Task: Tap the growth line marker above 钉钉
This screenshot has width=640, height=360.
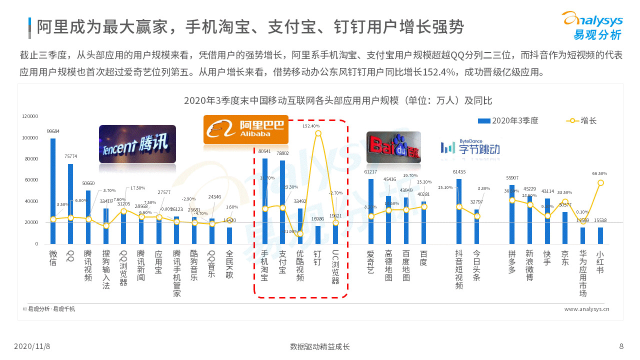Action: point(318,133)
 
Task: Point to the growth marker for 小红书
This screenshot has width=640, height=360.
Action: point(600,182)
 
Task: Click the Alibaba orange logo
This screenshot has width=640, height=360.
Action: point(246,129)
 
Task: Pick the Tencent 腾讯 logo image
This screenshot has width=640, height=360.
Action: point(137,144)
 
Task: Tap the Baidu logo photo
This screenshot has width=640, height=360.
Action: point(393,147)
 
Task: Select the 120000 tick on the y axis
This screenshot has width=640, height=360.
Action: point(30,116)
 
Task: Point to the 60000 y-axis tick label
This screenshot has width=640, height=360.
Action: point(30,180)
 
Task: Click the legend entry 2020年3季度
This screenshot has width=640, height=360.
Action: point(508,120)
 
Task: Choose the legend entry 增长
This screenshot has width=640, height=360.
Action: point(581,120)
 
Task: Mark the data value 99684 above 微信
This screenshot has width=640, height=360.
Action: point(53,131)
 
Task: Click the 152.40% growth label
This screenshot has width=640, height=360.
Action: point(311,126)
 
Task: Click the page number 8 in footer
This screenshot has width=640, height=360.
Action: point(621,346)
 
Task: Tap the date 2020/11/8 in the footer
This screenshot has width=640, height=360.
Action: point(35,346)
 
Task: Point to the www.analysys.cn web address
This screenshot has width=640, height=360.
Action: point(586,309)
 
